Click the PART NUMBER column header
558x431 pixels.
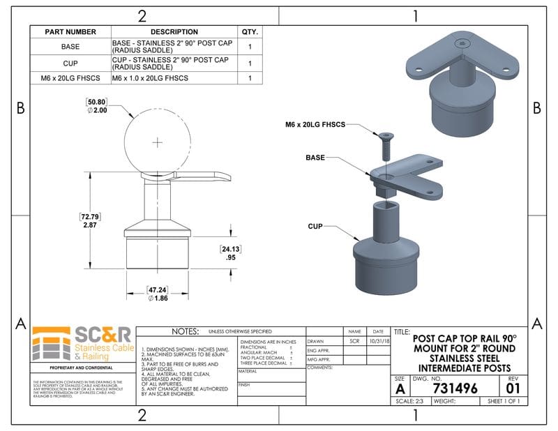[x=70, y=31]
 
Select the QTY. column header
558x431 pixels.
[x=250, y=31]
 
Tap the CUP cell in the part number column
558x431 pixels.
[x=70, y=63]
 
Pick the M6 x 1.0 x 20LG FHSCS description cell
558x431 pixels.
[x=151, y=79]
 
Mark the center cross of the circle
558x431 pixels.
[x=158, y=143]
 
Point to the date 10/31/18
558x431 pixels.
[x=379, y=341]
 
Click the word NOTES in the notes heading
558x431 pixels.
[x=181, y=331]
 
